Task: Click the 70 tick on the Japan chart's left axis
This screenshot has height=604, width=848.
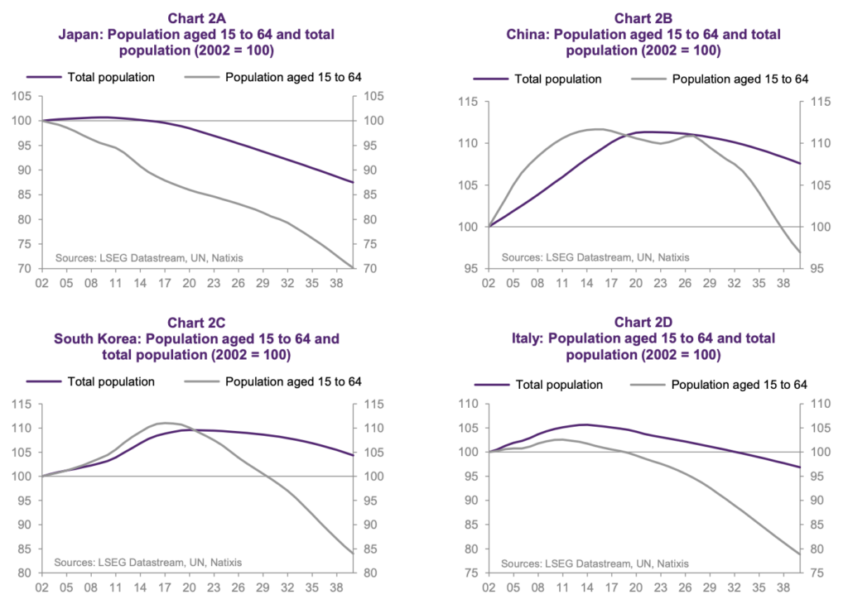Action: click(x=25, y=269)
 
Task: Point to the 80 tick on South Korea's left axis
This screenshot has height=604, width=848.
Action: click(x=25, y=573)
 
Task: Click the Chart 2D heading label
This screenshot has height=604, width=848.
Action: click(x=643, y=323)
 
